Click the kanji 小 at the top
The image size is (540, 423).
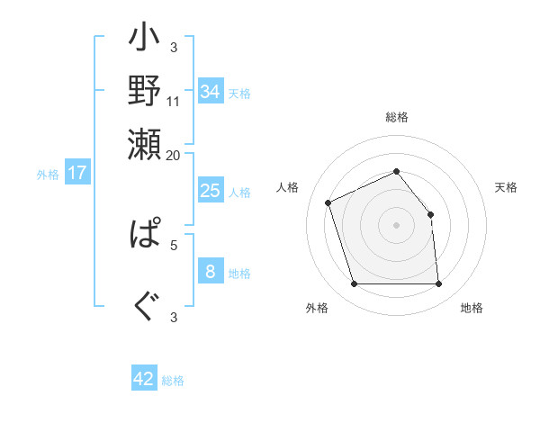144,41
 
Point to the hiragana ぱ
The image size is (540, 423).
144,235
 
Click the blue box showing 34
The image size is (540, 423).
211,92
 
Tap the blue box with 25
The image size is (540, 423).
211,191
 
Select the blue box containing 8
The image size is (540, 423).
211,272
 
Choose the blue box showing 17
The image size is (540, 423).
77,173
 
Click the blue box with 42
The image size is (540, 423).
144,379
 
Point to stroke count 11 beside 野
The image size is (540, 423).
174,101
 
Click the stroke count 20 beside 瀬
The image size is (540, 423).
174,155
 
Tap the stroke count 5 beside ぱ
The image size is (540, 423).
174,243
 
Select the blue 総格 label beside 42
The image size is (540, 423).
173,381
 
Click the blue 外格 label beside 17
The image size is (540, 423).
48,175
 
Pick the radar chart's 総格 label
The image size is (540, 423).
396,118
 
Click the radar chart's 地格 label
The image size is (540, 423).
472,308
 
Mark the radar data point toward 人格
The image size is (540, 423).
328,202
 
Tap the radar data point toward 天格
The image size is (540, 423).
430,214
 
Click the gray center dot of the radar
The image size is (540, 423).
396,225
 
